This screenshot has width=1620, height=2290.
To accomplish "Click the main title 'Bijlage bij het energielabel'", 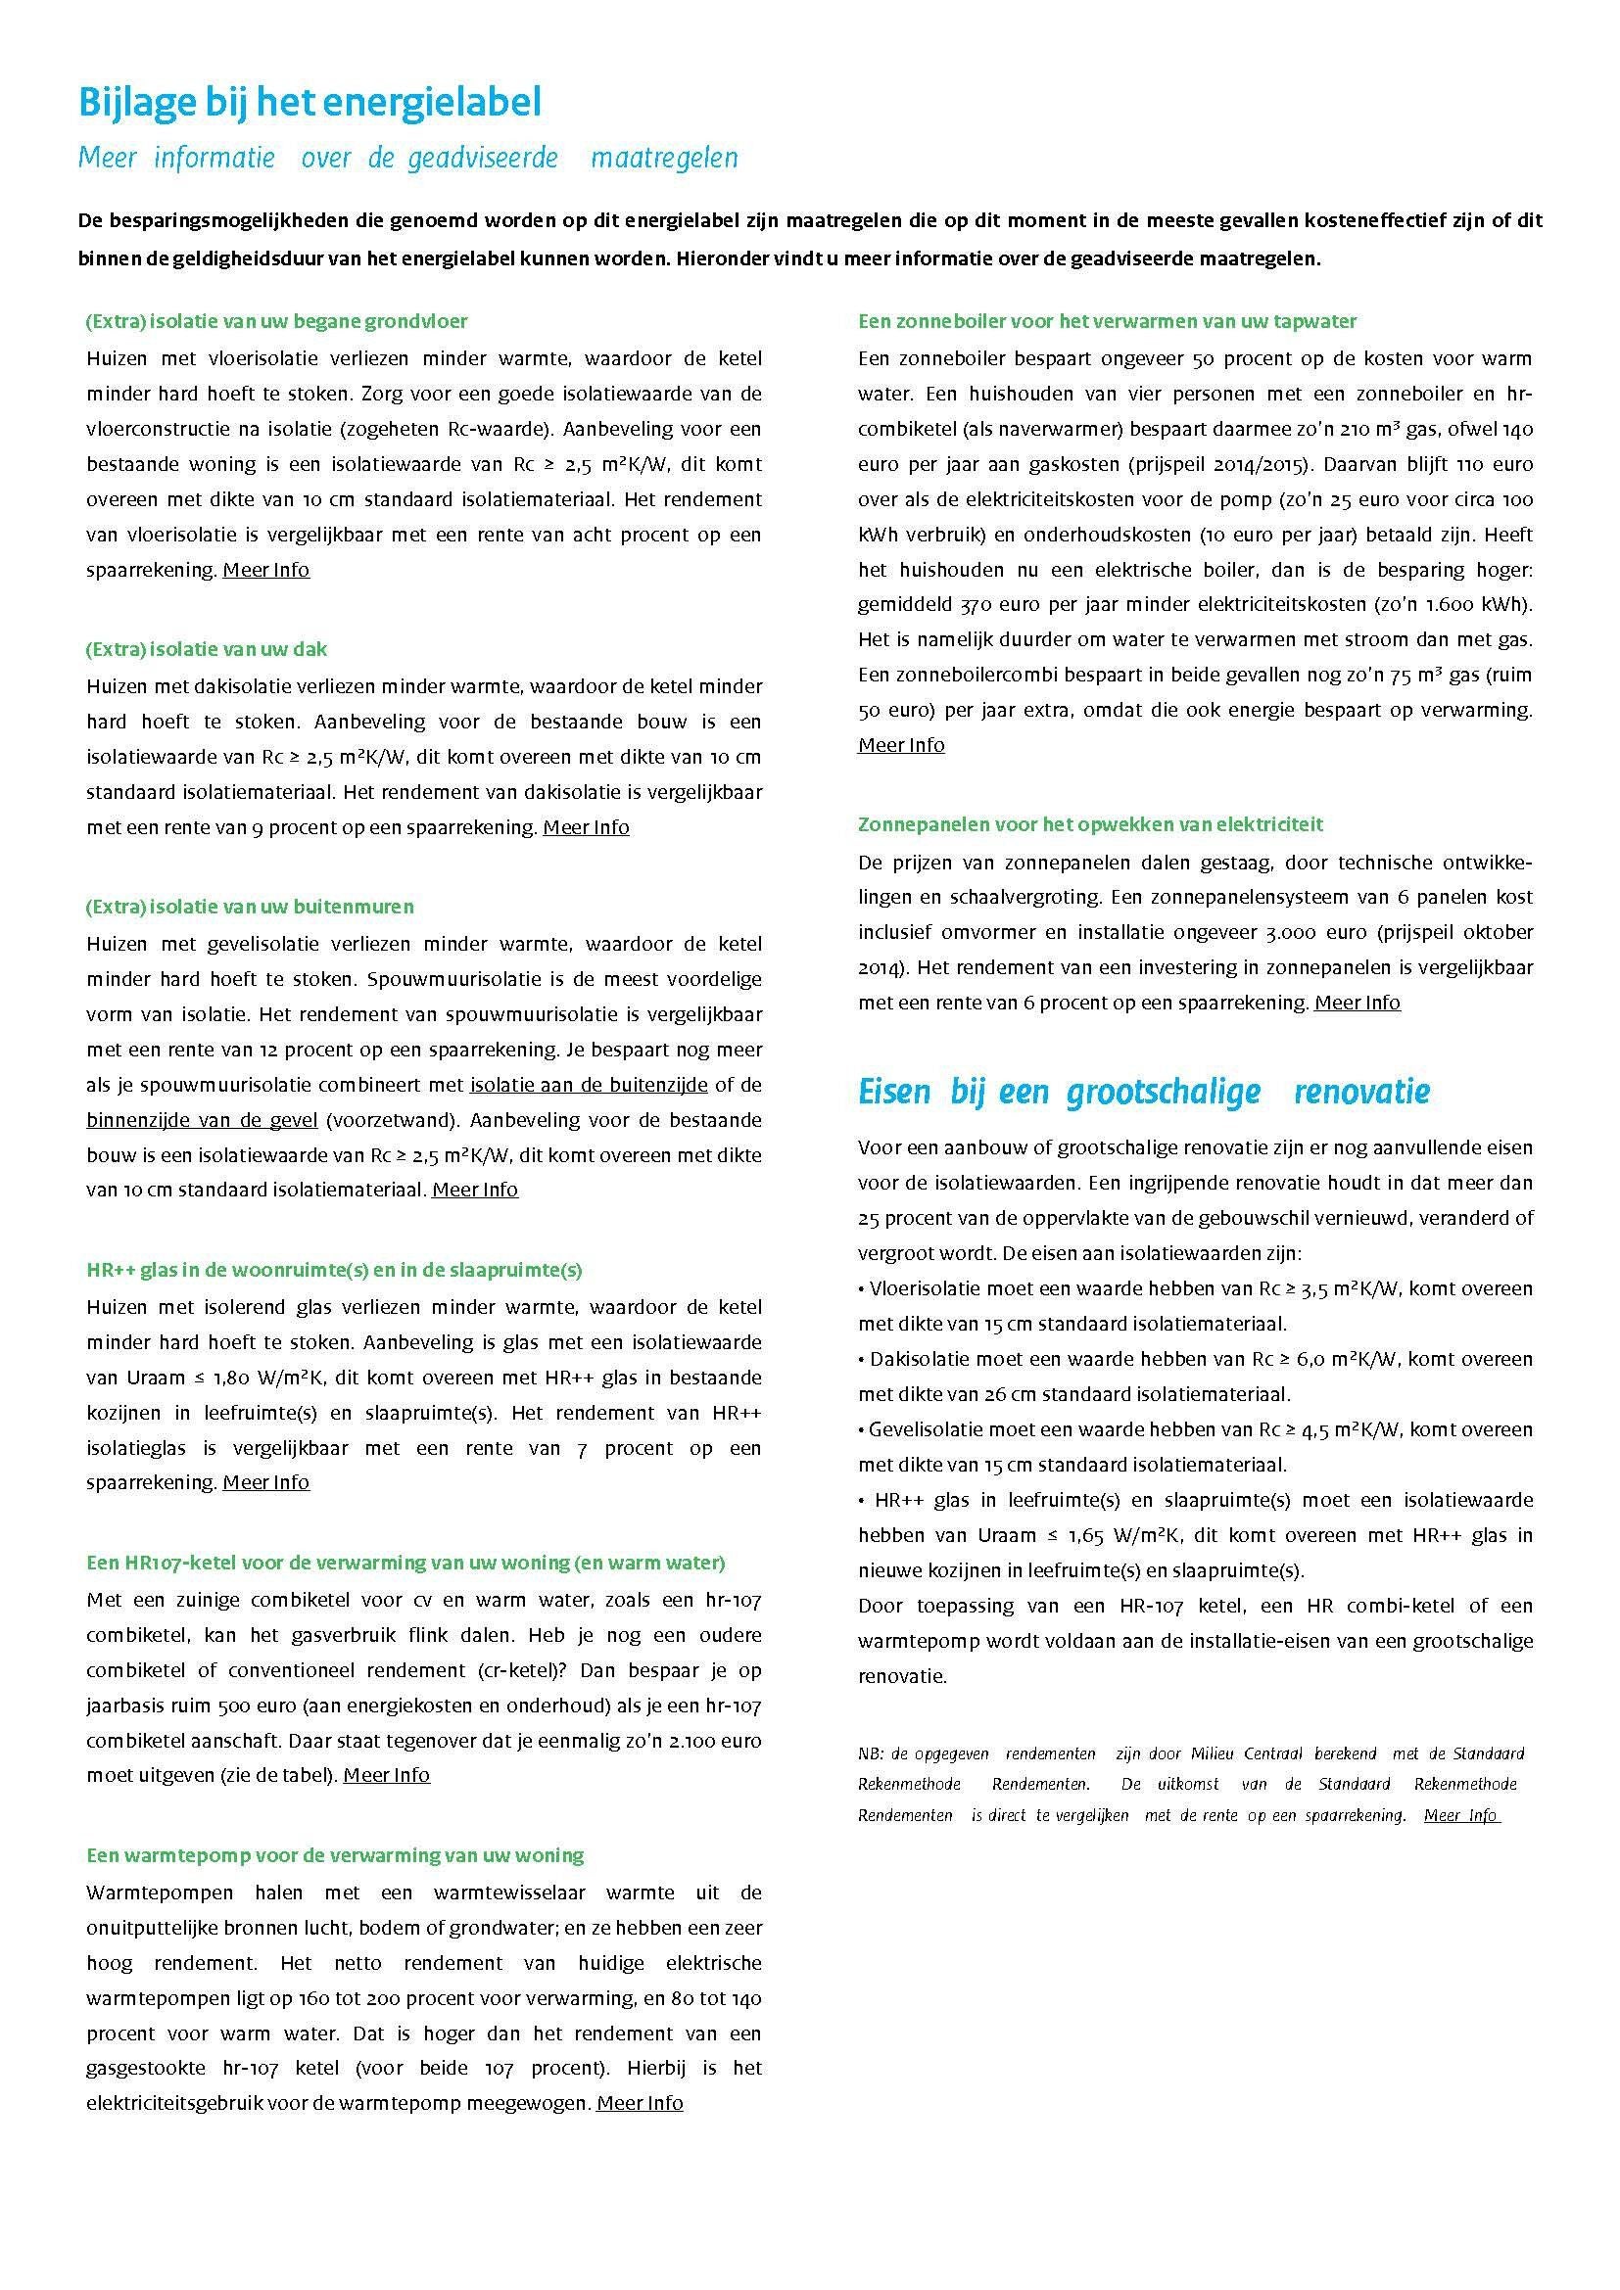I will tap(310, 104).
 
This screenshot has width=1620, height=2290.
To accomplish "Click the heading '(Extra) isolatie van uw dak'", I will tap(207, 649).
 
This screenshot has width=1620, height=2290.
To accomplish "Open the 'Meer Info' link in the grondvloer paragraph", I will tap(266, 571).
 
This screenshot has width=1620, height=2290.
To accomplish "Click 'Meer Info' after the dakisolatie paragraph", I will tap(586, 828).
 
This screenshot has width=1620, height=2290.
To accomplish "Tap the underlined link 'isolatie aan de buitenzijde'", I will tap(589, 1084).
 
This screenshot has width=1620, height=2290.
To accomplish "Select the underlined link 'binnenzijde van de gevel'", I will tap(202, 1120).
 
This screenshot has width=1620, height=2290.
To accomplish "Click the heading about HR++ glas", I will tap(334, 1271).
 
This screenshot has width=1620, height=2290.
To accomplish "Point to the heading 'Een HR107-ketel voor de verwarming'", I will tap(406, 1563).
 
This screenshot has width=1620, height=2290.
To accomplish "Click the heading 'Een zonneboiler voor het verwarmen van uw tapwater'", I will tap(1108, 321).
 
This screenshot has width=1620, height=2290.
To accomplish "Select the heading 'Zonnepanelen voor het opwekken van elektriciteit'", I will tap(1090, 824).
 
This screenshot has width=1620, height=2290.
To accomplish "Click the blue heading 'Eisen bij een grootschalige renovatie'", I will tap(1143, 1093).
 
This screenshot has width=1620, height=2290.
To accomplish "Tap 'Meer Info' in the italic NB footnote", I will tap(1460, 1815).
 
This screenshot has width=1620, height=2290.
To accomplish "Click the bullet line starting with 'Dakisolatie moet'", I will tap(1195, 1360).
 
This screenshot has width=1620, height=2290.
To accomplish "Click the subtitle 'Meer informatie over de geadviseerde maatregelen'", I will tap(408, 159).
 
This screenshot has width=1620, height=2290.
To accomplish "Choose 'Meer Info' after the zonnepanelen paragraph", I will tap(1357, 1004).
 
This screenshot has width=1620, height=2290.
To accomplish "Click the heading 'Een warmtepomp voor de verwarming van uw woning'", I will tap(335, 1856).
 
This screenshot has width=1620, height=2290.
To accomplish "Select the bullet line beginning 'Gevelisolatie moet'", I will tap(1195, 1430).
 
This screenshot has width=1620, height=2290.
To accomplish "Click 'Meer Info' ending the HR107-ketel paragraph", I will tap(387, 1775).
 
